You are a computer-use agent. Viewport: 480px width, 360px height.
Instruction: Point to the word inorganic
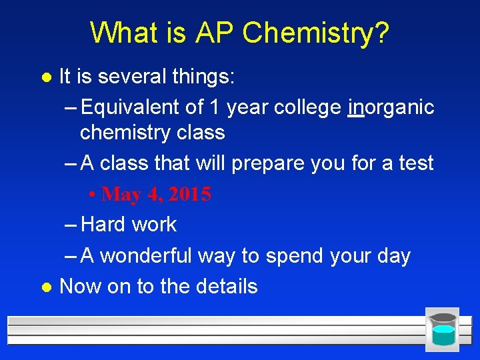[x=391, y=107]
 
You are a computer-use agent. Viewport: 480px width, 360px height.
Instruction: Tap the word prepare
[x=259, y=163]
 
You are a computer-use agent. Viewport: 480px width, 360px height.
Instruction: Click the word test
[x=415, y=163]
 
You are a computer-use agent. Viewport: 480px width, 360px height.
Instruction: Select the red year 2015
[x=190, y=195]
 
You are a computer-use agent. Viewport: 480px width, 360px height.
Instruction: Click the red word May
[x=121, y=195]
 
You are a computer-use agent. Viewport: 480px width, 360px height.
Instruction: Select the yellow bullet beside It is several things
[x=45, y=77]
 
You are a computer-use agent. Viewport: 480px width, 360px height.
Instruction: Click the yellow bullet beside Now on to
[x=45, y=287]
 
